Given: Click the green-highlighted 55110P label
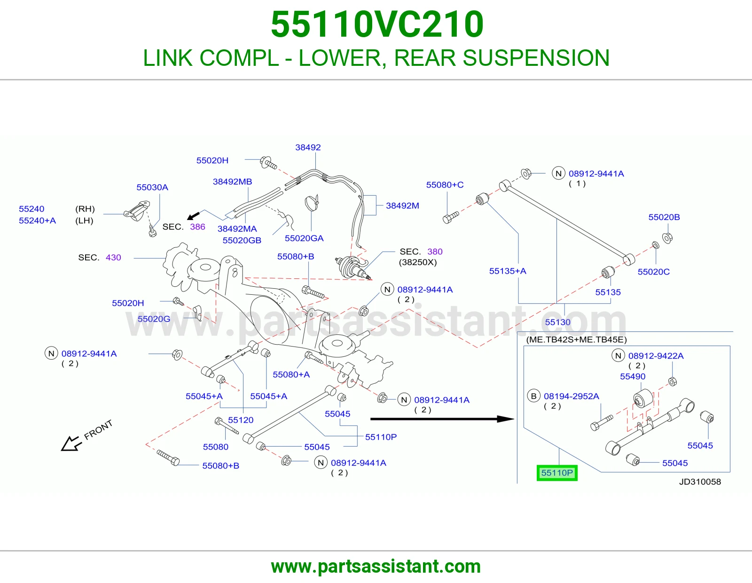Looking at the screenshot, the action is [x=557, y=473].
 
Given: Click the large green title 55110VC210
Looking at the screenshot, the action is [x=377, y=24].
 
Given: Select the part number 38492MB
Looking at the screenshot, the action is [x=232, y=182].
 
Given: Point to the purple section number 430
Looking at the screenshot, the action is [x=113, y=258].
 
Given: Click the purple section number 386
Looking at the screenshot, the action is [x=197, y=227].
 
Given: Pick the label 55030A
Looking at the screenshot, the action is [x=152, y=187].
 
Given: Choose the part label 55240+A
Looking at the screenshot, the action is [x=38, y=221].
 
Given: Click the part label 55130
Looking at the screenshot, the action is [x=557, y=322].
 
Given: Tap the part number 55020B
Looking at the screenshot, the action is [x=664, y=217].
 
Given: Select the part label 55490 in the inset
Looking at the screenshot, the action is [x=633, y=376].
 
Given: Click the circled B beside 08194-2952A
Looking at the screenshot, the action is [x=533, y=396].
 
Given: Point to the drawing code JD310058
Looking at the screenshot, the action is [x=700, y=481].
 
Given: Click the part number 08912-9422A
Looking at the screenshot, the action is [x=656, y=356].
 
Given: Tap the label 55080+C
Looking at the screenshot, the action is [x=445, y=185].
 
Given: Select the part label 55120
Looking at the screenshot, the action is [x=241, y=420].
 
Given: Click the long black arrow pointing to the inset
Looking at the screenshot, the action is [x=442, y=419].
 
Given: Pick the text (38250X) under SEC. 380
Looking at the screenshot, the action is [x=418, y=262].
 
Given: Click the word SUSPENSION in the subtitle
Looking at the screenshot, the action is [x=536, y=58].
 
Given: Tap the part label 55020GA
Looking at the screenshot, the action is [x=304, y=238].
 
